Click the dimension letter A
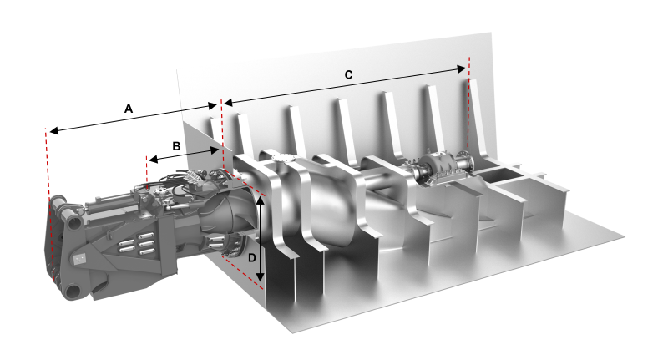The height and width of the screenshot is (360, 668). coord(128,109)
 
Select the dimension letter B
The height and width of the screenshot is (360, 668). coord(176,145)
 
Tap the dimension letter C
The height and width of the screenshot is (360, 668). coord(349,74)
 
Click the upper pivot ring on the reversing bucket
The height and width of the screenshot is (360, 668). coord(59,205)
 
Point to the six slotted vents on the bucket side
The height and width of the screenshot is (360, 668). coord(137,245)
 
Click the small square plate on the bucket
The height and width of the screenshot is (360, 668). coord(82,260)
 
